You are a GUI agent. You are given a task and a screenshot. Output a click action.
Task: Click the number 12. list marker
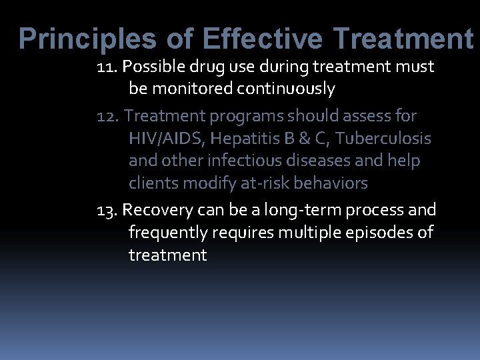(x=108, y=116)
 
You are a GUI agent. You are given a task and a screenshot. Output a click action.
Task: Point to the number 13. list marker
(x=108, y=211)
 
